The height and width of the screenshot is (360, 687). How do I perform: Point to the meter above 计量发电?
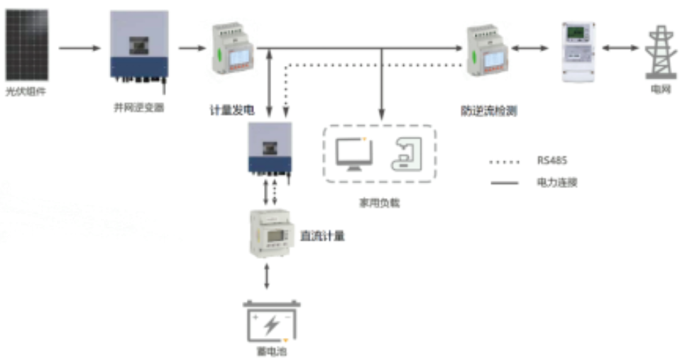click(x=229, y=48)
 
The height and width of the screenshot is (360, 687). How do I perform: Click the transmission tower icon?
click(x=659, y=53)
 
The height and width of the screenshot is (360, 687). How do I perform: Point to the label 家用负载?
click(x=380, y=203)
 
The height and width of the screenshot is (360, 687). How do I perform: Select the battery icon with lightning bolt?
click(x=270, y=323)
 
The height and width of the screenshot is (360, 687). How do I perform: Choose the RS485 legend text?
click(x=552, y=161)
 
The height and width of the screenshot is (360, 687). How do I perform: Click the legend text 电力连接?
click(x=557, y=182)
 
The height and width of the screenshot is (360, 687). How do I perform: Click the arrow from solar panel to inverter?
click(x=79, y=48)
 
